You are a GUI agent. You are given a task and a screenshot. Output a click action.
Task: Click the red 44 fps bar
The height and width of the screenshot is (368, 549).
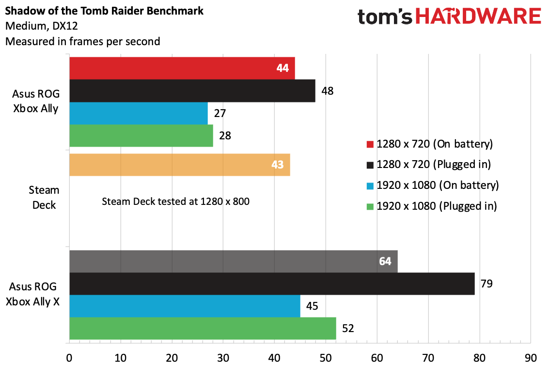[182, 68]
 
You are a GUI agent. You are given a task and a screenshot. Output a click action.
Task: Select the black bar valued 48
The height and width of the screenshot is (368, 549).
[192, 91]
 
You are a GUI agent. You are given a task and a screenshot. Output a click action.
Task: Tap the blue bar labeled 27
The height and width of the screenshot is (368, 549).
[138, 113]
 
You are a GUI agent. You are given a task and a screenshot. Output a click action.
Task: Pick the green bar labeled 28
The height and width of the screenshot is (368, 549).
[141, 135]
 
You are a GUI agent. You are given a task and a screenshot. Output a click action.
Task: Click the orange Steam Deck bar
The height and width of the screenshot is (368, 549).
[179, 165]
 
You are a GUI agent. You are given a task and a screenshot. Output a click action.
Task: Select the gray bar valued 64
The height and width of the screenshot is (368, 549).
[233, 261]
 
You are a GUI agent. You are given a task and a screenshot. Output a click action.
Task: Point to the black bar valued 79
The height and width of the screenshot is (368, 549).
[271, 284]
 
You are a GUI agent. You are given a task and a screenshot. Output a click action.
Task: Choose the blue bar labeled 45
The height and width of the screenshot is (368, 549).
[185, 306]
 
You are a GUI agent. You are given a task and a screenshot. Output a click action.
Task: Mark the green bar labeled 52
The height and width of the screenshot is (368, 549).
[203, 328]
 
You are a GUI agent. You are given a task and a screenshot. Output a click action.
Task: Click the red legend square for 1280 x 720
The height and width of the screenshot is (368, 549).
[370, 144]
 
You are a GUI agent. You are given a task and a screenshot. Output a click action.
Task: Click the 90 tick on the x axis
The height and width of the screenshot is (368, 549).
[531, 358]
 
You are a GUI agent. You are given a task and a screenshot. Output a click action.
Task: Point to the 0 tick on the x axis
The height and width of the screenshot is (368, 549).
[69, 358]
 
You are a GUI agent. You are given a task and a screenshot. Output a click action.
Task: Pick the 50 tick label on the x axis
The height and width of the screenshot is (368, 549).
[326, 358]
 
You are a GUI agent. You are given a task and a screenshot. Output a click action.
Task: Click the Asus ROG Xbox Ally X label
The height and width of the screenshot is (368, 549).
[32, 295]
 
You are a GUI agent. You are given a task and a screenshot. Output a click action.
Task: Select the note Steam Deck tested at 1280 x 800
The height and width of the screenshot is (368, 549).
[175, 201]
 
